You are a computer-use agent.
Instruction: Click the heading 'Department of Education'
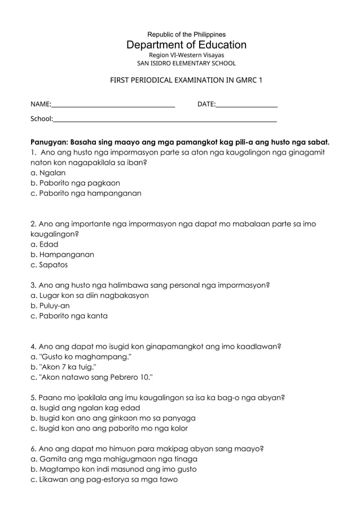pos(186,45)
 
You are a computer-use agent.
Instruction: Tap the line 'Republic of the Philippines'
pos(186,34)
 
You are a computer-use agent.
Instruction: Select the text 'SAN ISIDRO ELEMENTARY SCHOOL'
pos(186,64)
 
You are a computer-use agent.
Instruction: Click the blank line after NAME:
pos(113,105)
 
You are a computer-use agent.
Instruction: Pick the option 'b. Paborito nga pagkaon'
pos(75,183)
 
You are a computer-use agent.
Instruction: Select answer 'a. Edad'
pos(45,244)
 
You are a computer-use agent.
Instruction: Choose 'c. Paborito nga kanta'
pos(69,316)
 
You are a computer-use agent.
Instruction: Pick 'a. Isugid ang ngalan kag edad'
pos(85,407)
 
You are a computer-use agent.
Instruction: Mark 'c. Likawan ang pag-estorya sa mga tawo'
pos(104,479)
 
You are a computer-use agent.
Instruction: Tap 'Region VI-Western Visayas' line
pos(186,55)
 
